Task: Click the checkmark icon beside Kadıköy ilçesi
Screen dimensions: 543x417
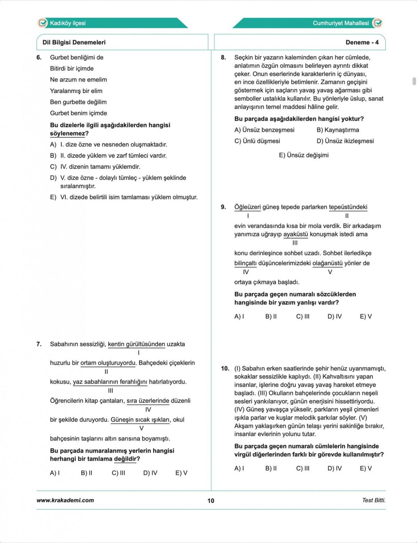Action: click(42, 23)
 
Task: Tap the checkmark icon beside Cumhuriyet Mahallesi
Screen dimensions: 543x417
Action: click(377, 23)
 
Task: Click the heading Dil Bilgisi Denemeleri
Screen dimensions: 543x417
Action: click(74, 42)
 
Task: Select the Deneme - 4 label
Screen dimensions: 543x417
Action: click(362, 42)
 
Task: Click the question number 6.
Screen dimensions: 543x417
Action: click(39, 57)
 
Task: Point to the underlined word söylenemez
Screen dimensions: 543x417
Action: click(67, 134)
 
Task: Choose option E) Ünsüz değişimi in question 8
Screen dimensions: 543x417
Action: click(304, 155)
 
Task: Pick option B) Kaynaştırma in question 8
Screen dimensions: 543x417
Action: click(338, 130)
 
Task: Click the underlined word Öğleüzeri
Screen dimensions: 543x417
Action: click(247, 207)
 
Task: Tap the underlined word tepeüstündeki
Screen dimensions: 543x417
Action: click(348, 207)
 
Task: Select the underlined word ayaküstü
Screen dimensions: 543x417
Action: click(296, 234)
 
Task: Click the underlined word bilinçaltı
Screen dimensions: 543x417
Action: click(245, 263)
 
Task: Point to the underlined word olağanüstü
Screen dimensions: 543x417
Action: click(327, 263)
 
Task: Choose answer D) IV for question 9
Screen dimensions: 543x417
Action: click(335, 316)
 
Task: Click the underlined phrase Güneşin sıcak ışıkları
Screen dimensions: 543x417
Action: click(140, 419)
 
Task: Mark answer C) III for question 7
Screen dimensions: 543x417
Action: click(118, 473)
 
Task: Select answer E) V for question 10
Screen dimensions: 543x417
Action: click(366, 468)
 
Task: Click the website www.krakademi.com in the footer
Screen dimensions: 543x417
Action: click(65, 500)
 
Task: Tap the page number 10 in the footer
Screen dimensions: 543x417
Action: click(211, 501)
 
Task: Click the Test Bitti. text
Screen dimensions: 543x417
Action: click(374, 500)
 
